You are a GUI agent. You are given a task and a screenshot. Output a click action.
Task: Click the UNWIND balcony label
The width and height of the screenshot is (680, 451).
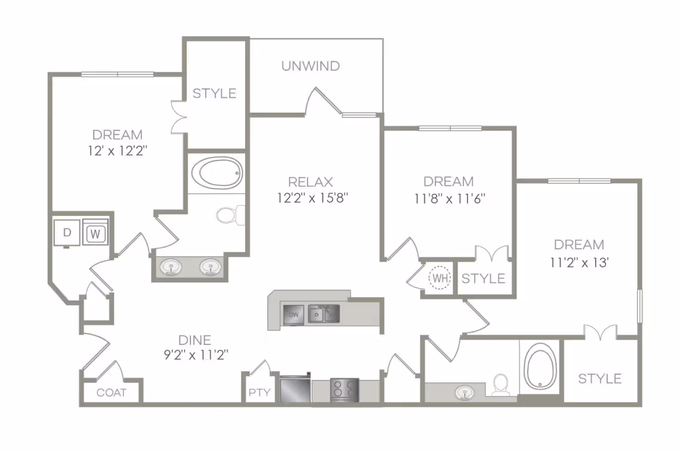[x=310, y=66]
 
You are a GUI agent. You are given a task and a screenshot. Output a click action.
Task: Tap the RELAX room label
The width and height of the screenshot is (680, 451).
[x=310, y=182]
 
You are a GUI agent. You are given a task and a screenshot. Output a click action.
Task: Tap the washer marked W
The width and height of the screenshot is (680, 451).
[x=94, y=233]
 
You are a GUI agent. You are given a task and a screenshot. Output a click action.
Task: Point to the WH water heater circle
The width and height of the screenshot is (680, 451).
[x=440, y=278]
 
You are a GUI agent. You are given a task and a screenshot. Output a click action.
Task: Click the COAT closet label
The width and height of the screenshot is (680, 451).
[x=112, y=393]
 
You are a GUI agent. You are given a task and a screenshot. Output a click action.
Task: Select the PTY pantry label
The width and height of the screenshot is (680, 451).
[x=259, y=393]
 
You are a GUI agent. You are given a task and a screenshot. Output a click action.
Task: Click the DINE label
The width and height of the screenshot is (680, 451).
[x=195, y=340]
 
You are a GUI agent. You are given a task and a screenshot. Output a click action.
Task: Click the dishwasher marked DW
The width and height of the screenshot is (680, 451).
[x=293, y=314]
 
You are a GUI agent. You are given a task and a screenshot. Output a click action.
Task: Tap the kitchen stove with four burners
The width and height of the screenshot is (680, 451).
[x=344, y=390]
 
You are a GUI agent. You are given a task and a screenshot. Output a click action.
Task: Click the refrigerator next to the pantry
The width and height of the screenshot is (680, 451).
[x=295, y=389]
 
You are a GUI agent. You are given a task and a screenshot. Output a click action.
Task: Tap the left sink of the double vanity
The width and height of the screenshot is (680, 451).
[x=172, y=266]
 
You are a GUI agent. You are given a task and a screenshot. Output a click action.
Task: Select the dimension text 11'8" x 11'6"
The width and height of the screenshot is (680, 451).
[x=448, y=198]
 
